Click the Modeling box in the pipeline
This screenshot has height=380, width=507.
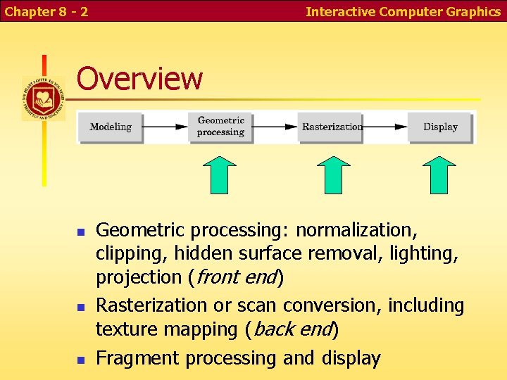111,127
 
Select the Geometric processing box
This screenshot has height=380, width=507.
220,127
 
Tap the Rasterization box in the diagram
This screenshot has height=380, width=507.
331,127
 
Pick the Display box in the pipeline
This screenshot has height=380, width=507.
440,127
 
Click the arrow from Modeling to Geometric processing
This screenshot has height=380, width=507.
165,127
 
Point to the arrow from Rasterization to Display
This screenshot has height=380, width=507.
385,127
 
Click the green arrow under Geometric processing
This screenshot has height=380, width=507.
220,175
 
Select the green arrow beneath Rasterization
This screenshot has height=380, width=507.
333,175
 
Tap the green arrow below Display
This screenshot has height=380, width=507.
441,175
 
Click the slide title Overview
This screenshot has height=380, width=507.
139,79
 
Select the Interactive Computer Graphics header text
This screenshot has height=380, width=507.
403,11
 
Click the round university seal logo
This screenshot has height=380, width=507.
43,98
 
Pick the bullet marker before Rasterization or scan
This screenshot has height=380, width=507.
80,307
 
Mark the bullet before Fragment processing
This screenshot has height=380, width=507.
80,360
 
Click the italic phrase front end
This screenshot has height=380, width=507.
235,278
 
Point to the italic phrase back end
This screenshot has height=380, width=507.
291,329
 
